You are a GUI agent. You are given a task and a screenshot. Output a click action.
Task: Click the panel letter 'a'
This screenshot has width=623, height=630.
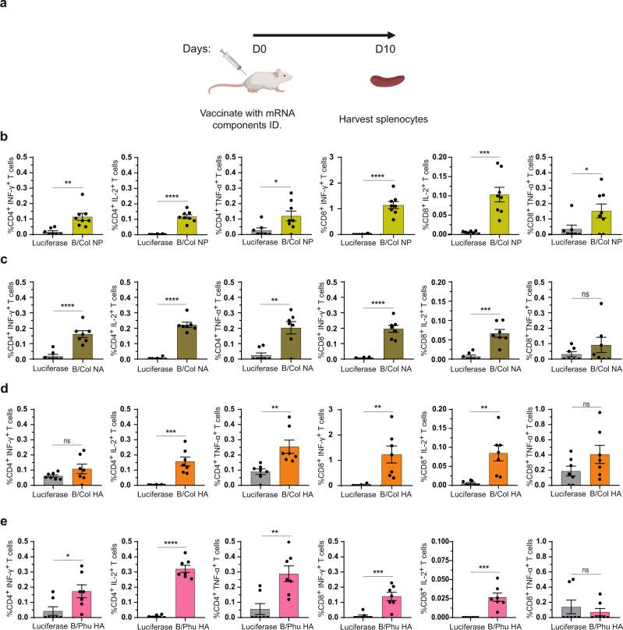coord(6,6)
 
